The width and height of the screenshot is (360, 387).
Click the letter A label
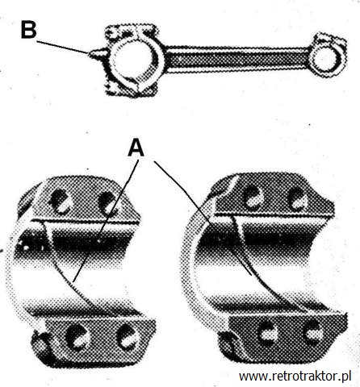[x=136, y=148]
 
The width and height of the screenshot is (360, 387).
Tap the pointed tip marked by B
[x=90, y=53]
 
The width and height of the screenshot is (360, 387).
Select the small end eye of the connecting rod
[x=327, y=60]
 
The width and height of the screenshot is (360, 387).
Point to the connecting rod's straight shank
[x=237, y=59]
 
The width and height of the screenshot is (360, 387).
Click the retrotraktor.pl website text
[x=295, y=376]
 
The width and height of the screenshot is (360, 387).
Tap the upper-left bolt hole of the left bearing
[x=60, y=202]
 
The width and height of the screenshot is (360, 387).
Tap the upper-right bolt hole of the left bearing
[x=107, y=203]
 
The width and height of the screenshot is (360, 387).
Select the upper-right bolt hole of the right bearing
[x=298, y=199]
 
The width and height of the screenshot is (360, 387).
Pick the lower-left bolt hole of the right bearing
[x=268, y=332]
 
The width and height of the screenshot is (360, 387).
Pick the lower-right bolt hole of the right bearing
[x=313, y=333]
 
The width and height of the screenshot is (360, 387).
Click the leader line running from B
[x=62, y=47]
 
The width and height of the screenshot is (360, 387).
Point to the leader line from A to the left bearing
[x=107, y=220]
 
